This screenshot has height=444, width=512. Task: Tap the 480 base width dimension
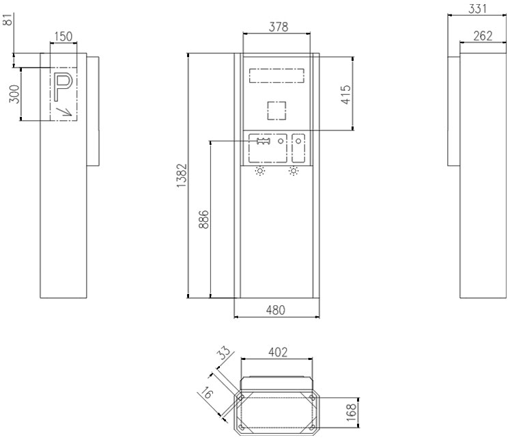tap(276, 309)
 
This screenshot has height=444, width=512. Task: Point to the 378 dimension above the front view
tap(277, 27)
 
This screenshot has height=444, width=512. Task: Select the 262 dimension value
tap(483, 36)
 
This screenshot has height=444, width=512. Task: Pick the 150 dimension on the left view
tap(63, 36)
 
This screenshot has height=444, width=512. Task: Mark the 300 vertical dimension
tap(13, 95)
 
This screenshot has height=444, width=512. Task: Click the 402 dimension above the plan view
tap(276, 352)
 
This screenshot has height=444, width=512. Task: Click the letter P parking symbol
tap(63, 85)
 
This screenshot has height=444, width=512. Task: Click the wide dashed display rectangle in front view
tap(276, 74)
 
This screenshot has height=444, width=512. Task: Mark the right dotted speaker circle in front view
tap(294, 171)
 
